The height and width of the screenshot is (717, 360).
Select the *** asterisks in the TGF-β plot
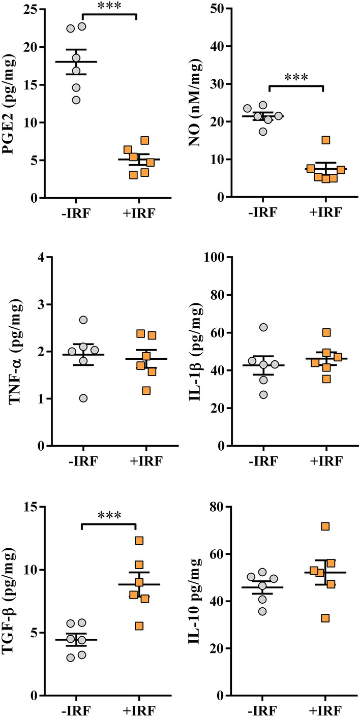[x=109, y=516]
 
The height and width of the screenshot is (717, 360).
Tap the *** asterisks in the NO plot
[x=296, y=77]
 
